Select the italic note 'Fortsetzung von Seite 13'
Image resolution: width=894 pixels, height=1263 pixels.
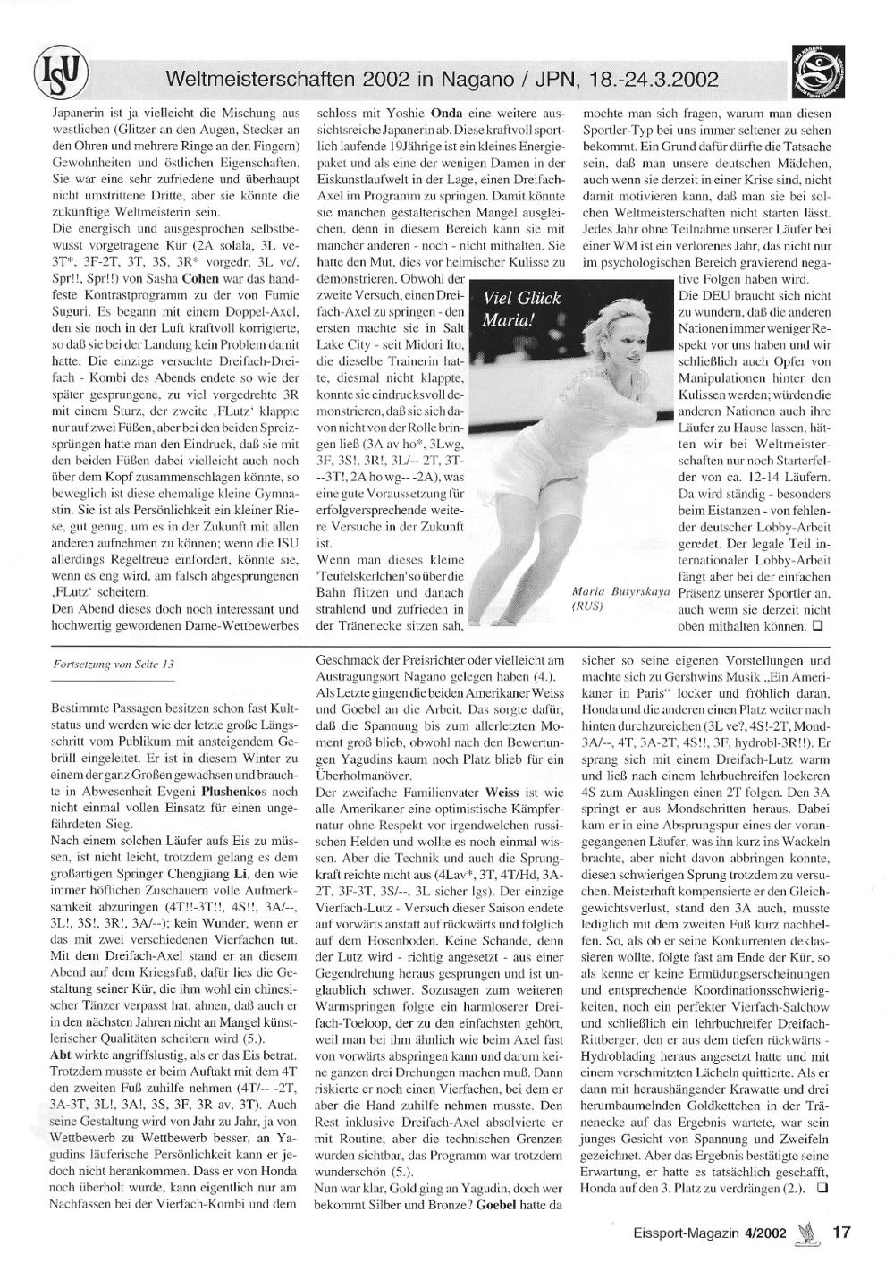[114, 665]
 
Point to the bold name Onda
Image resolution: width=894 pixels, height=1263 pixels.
[447, 114]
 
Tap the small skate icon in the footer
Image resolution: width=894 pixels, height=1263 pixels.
[810, 1233]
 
